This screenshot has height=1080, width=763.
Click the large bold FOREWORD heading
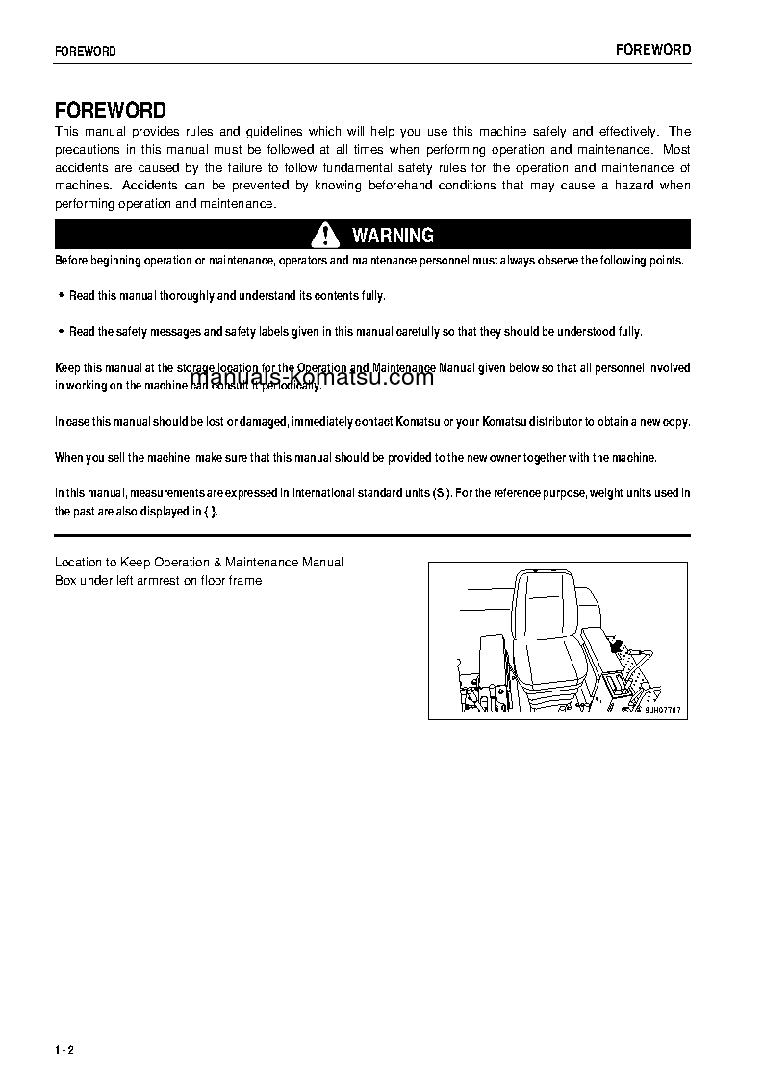pos(110,110)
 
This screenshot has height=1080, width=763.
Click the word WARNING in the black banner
pos(393,236)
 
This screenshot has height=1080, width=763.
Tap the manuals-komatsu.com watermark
pos(312,377)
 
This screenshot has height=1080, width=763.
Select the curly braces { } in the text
pos(210,512)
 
